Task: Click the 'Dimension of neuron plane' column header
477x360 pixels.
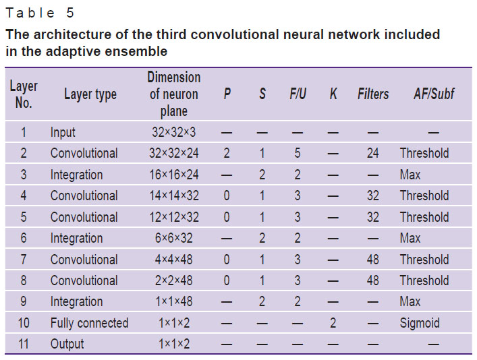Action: [173, 94]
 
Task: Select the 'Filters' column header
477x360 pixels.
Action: [373, 94]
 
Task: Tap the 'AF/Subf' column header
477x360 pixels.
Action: [434, 94]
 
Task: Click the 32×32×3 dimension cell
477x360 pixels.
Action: [173, 132]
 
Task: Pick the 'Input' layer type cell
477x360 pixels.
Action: [63, 133]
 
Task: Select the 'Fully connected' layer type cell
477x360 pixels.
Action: [89, 323]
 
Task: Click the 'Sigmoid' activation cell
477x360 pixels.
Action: [420, 323]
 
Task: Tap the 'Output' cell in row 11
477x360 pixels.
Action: [67, 344]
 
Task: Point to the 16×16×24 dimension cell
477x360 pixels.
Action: [173, 175]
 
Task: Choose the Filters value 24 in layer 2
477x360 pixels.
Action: [372, 153]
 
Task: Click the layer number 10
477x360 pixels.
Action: [24, 323]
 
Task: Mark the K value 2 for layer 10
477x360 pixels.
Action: [333, 323]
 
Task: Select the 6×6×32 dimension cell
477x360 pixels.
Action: [173, 238]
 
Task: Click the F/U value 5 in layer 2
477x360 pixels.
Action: [298, 153]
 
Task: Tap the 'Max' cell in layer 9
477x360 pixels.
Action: [410, 301]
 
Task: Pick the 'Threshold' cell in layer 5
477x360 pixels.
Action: [424, 217]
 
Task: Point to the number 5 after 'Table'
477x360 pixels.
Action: [70, 13]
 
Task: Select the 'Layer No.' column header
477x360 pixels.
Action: [24, 94]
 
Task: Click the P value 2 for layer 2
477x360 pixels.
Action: [227, 153]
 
